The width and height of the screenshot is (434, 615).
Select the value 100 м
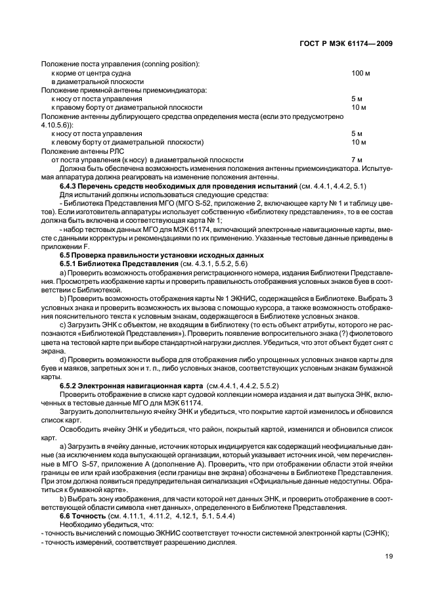[360, 72]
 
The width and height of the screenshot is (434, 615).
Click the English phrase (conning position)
[167, 64]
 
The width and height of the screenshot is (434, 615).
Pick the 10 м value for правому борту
[358, 107]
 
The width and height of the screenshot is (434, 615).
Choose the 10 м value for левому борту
[358, 142]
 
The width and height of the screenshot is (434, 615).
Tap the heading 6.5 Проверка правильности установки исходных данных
[162, 254]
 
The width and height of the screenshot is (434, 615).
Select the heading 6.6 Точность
[83, 516]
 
